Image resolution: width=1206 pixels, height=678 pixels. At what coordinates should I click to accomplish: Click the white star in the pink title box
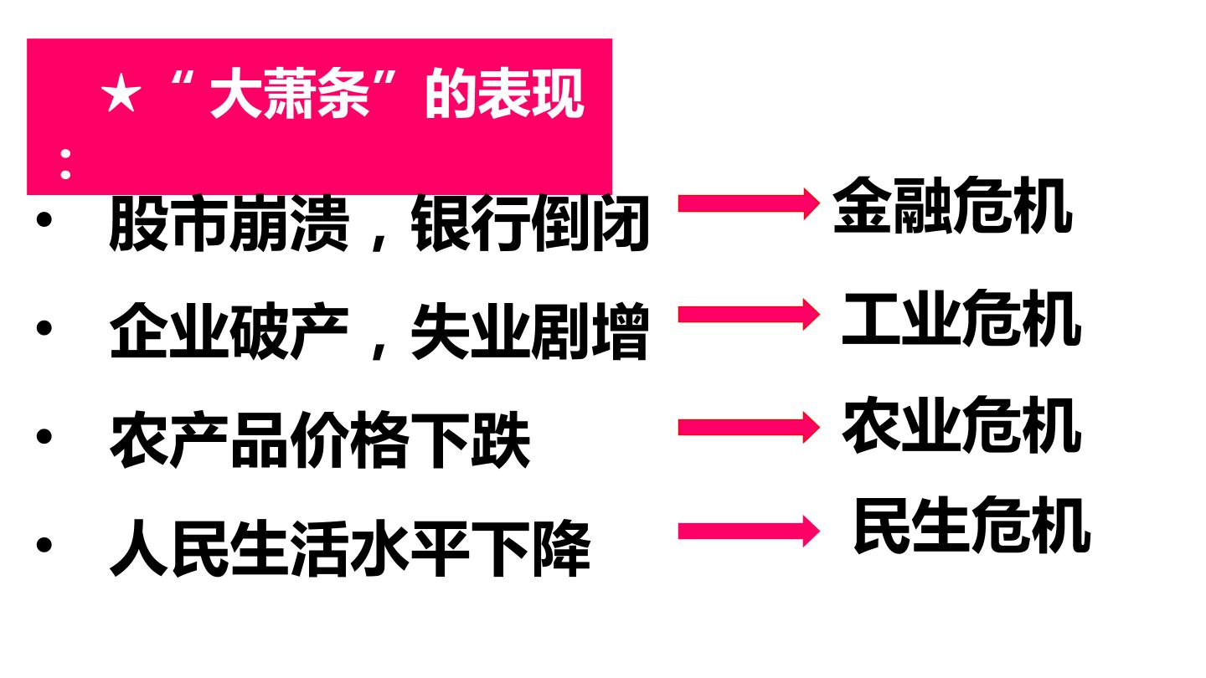click(x=121, y=94)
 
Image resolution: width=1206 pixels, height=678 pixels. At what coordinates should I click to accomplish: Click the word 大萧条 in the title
click(x=290, y=94)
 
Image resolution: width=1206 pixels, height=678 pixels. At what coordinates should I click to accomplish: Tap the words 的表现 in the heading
click(x=504, y=94)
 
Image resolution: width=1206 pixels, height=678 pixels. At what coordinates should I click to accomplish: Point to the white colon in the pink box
click(x=65, y=164)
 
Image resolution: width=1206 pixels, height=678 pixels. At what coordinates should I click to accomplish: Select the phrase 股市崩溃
click(x=229, y=223)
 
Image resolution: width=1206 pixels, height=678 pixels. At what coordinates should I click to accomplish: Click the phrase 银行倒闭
click(x=530, y=223)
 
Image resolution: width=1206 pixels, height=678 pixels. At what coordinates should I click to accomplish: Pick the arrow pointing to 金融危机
click(x=749, y=204)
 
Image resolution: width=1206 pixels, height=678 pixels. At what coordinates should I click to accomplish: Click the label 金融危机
click(x=953, y=205)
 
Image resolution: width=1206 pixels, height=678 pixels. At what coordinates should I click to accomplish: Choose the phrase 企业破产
click(x=229, y=331)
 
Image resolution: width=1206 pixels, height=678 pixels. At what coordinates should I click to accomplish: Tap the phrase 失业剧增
click(x=530, y=331)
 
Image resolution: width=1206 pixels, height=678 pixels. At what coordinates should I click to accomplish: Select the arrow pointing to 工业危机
click(x=749, y=314)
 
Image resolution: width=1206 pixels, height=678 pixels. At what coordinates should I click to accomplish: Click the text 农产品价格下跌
click(x=320, y=439)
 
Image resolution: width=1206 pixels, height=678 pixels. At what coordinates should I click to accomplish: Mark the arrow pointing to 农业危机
click(x=749, y=427)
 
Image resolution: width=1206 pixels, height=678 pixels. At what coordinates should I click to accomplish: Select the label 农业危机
click(x=962, y=424)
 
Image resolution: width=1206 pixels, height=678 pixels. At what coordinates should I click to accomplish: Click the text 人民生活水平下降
click(x=350, y=547)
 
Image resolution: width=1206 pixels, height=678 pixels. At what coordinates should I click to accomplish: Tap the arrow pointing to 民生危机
click(x=749, y=531)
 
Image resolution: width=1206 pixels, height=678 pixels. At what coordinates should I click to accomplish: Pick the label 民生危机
click(x=972, y=525)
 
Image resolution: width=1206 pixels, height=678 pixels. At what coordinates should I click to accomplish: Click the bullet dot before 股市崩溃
click(x=44, y=219)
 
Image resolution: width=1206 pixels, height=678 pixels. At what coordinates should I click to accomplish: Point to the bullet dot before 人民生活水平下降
click(x=44, y=544)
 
